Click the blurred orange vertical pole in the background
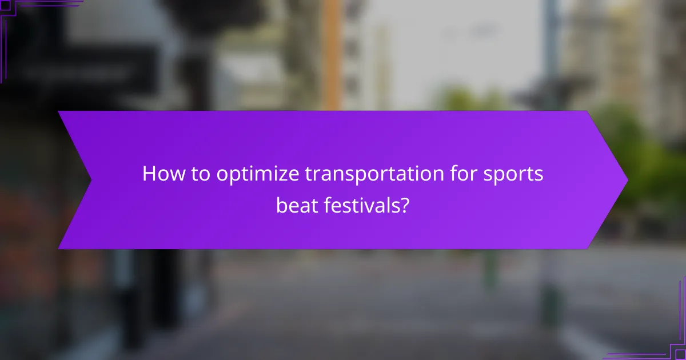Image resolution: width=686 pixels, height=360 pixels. (x=331, y=51)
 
